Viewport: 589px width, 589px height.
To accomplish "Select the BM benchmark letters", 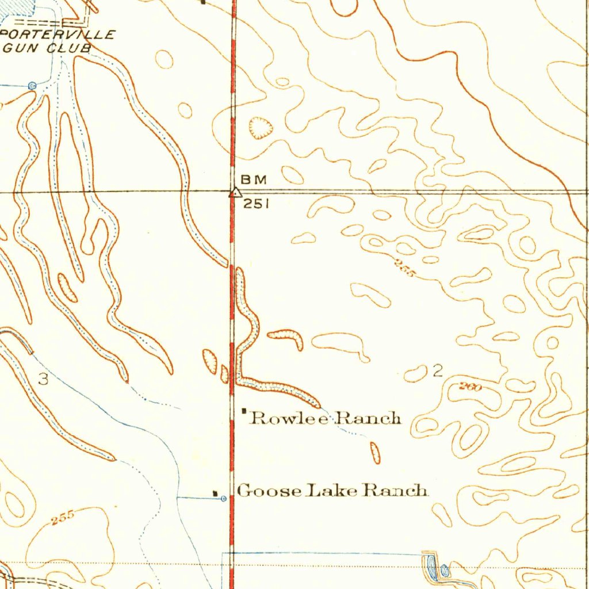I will (x=254, y=179).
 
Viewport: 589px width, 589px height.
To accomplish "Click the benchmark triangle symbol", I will (x=234, y=193).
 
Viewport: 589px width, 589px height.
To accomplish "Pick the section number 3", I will (x=43, y=379).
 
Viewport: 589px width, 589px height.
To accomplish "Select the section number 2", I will (x=438, y=371).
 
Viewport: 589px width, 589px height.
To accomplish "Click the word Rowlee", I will (x=290, y=418).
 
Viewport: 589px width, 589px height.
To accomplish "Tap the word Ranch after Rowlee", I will (x=368, y=418).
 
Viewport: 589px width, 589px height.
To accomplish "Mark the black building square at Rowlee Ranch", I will (x=244, y=411).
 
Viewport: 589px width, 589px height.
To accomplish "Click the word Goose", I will (x=269, y=491).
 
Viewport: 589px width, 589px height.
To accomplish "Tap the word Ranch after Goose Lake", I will (x=397, y=491).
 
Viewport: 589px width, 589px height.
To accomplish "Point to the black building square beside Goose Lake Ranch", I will (x=216, y=494).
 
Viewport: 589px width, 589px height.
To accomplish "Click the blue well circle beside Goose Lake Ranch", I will (x=224, y=499).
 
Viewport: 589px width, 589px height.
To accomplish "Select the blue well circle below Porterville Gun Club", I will (x=32, y=86).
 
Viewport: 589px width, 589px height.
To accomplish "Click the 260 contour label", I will (x=470, y=387).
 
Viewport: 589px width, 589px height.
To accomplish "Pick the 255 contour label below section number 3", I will (x=62, y=517).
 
